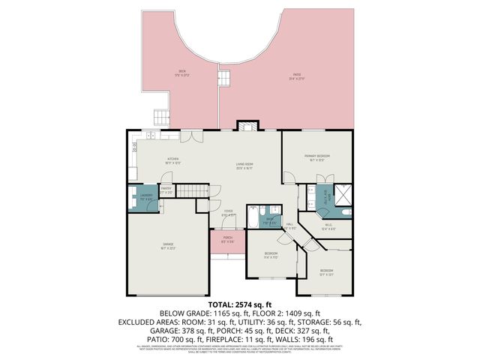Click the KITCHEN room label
172,159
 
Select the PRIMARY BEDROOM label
318,156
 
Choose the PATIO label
297,76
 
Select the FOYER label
228,212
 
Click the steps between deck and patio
223,77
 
